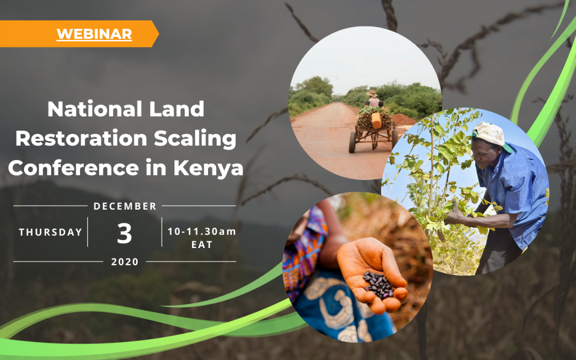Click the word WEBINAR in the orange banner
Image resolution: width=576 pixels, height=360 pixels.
pyautogui.click(x=94, y=34)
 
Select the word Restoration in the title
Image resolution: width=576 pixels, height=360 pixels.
pyautogui.click(x=81, y=138)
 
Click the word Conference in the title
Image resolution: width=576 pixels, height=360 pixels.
pyautogui.click(x=74, y=167)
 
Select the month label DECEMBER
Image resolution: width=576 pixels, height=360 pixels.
pyautogui.click(x=125, y=206)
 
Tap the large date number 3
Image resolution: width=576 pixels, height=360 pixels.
pyautogui.click(x=124, y=233)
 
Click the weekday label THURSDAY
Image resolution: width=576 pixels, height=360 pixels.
pyautogui.click(x=51, y=232)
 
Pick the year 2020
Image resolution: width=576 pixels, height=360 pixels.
pyautogui.click(x=125, y=262)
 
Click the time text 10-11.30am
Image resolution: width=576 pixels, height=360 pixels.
pyautogui.click(x=202, y=231)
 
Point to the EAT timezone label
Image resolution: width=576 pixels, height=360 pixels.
pyautogui.click(x=202, y=245)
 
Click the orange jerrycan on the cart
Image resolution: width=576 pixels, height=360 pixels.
pyautogui.click(x=376, y=121)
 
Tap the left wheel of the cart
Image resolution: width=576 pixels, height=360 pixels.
pyautogui.click(x=353, y=142)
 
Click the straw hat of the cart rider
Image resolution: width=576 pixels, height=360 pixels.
pyautogui.click(x=372, y=93)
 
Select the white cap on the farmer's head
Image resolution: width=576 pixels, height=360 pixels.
pyautogui.click(x=491, y=135)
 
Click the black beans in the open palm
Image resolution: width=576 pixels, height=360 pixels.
pyautogui.click(x=378, y=285)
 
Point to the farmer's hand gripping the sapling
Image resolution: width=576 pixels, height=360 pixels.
pyautogui.click(x=455, y=215)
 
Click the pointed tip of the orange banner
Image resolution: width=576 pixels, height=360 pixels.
pyautogui.click(x=159, y=34)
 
